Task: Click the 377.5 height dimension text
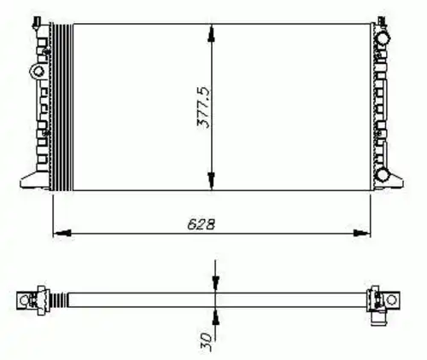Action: point(204,107)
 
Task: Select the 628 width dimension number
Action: point(201,224)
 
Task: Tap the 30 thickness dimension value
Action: point(206,340)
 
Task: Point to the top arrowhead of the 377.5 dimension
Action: point(211,33)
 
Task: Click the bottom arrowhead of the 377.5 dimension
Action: point(211,181)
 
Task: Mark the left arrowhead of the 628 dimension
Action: point(62,233)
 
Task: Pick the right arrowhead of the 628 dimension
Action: point(362,233)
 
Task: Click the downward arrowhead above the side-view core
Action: point(215,283)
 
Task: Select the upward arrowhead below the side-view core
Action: point(215,316)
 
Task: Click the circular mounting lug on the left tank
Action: point(38,71)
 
